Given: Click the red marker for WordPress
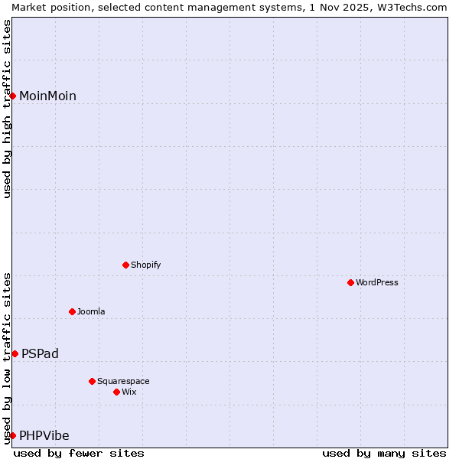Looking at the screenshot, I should click(350, 282).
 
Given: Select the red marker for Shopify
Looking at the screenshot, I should click(125, 265).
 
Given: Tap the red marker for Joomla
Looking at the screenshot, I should click(72, 311).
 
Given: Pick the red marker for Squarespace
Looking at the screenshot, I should click(92, 381).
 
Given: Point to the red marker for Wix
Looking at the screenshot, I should click(116, 392).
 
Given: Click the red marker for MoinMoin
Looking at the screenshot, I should click(12, 96).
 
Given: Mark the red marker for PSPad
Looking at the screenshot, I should click(15, 353).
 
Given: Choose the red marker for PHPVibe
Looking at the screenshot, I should click(12, 435).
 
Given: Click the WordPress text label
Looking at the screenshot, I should click(377, 282).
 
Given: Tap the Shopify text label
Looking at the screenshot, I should click(145, 265).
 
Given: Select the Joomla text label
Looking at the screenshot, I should click(91, 311).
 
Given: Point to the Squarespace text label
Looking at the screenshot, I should click(123, 381).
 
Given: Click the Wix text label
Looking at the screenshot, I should click(129, 392).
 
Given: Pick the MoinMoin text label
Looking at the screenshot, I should click(47, 96).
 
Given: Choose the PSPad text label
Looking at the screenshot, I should click(40, 353).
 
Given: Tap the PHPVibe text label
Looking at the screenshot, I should click(44, 435).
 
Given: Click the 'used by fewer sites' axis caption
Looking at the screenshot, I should click(79, 453).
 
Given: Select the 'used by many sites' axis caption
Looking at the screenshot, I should click(384, 453).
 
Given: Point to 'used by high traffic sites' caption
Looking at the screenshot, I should click(7, 109).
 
